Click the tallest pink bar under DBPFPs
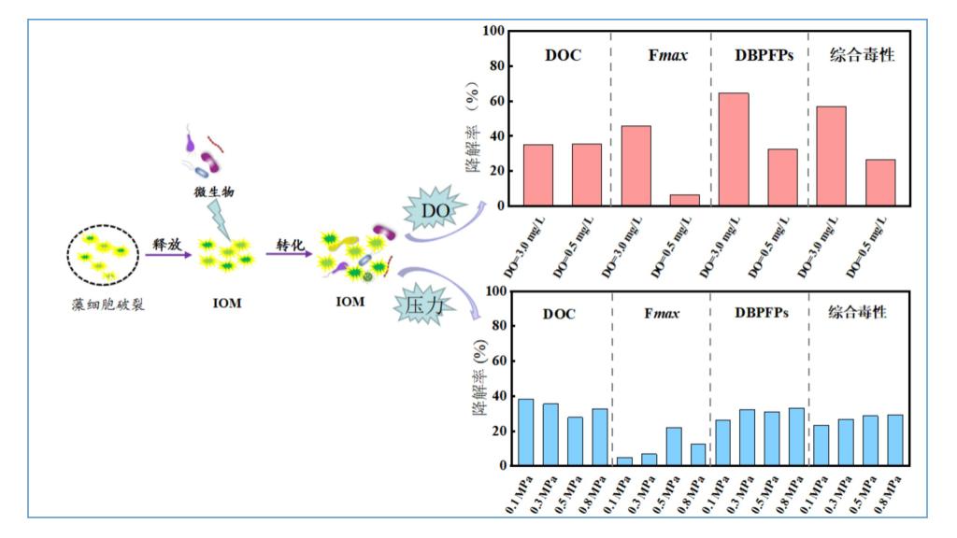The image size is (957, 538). click(x=734, y=149)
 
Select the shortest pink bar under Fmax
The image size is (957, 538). click(x=684, y=200)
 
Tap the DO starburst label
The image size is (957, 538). click(x=436, y=211)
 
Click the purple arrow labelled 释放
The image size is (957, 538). click(x=168, y=254)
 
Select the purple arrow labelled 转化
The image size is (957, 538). click(x=289, y=254)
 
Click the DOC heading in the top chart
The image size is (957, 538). click(x=563, y=55)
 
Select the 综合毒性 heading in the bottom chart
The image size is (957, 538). click(x=858, y=312)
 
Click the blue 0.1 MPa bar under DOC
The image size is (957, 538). click(x=526, y=432)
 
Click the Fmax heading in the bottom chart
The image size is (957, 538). click(x=660, y=313)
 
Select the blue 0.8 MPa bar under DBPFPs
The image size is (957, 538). click(x=795, y=436)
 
